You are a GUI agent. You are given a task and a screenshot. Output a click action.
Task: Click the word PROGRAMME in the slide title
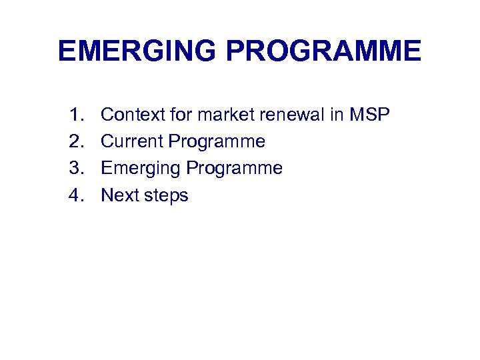pyautogui.click(x=325, y=51)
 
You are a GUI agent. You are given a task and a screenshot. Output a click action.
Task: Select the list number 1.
pyautogui.click(x=74, y=115)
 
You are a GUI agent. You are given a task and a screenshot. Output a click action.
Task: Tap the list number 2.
pyautogui.click(x=74, y=142)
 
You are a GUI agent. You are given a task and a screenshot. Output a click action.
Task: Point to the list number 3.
pyautogui.click(x=74, y=169)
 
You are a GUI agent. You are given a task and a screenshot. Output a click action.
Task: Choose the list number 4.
pyautogui.click(x=74, y=195)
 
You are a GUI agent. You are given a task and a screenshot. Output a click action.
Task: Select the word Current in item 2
pyautogui.click(x=132, y=142)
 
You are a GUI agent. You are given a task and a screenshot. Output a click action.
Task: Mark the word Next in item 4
pyautogui.click(x=119, y=195)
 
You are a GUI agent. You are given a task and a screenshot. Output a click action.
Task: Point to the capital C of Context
pyautogui.click(x=107, y=115)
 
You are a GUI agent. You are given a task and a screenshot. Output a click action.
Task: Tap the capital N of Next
pyautogui.click(x=107, y=195)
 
